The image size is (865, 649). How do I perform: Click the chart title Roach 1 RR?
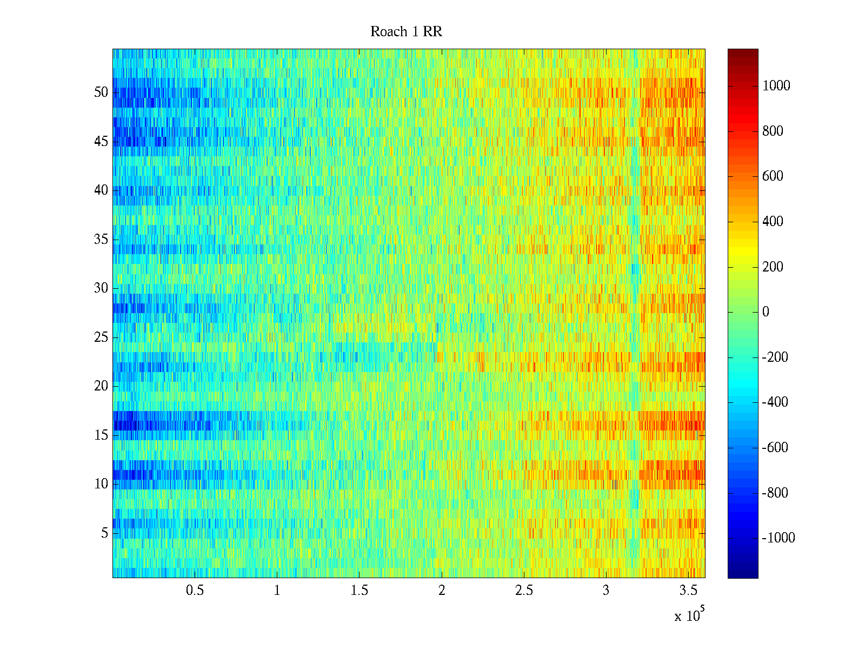click(406, 32)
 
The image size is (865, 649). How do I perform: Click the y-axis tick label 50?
click(101, 92)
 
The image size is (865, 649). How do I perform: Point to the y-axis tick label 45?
click(101, 142)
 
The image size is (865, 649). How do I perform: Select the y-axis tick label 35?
click(101, 240)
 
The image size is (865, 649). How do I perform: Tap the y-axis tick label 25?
click(101, 337)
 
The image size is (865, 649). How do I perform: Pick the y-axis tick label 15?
click(101, 435)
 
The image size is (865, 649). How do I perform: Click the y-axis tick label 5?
click(104, 533)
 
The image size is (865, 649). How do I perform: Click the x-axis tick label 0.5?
click(195, 591)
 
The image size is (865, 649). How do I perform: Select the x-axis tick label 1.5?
click(359, 591)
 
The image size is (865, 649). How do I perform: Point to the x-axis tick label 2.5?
click(523, 591)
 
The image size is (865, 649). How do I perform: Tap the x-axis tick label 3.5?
click(688, 591)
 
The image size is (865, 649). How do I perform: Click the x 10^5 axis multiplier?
click(689, 615)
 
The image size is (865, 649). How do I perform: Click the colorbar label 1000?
click(776, 86)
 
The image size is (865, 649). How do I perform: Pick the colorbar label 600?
click(773, 176)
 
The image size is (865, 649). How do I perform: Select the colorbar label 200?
click(773, 267)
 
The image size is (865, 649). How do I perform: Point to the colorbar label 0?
click(766, 312)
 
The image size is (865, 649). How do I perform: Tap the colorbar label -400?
click(775, 402)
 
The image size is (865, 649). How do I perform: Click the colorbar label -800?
click(775, 493)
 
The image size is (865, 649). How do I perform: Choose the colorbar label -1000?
click(778, 538)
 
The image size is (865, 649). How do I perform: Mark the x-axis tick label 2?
click(442, 591)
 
